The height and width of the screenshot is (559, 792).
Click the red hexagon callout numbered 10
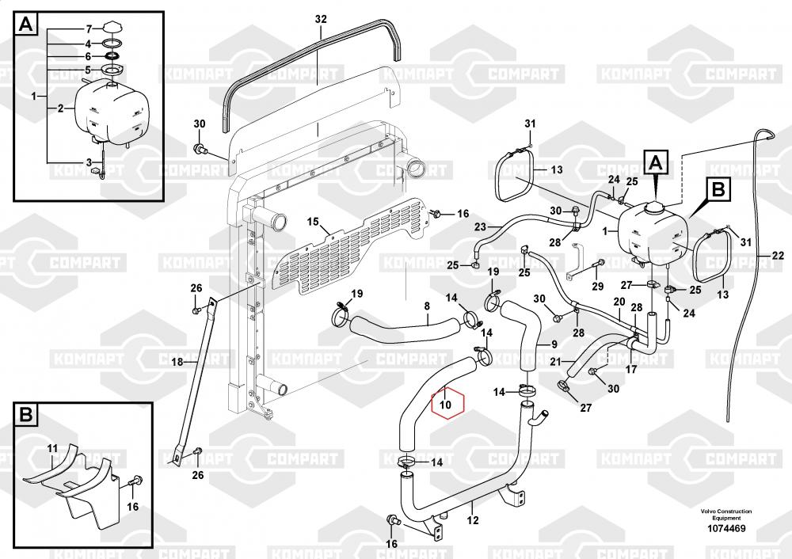point(446,404)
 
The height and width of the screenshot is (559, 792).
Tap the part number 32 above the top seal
point(320,19)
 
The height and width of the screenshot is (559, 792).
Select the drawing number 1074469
point(726,527)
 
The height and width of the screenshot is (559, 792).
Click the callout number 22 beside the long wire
point(777,255)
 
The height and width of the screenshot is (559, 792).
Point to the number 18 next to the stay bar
point(177,362)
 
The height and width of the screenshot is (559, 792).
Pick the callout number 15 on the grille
point(312,221)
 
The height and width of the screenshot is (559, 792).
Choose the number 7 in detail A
point(88,29)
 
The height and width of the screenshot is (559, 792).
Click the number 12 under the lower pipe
point(473,520)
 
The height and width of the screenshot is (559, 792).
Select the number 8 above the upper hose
point(427,306)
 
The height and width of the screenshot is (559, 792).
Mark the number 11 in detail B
point(52,449)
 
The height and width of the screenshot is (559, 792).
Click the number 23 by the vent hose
point(480,227)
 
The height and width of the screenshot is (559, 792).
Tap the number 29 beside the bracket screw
point(598,286)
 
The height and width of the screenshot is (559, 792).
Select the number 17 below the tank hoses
point(630,369)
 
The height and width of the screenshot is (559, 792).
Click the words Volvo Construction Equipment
point(726,514)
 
